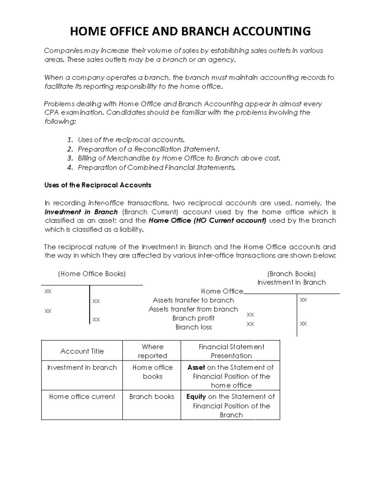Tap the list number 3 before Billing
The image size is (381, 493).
(x=70, y=158)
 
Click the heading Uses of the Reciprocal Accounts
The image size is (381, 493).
(x=98, y=185)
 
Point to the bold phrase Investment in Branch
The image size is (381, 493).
(x=81, y=212)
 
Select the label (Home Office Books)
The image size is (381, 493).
(x=92, y=274)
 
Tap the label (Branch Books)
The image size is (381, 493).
(x=291, y=274)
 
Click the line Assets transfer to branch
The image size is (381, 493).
(x=193, y=300)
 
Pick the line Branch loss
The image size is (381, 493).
(x=193, y=327)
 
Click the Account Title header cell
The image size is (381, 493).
(x=82, y=351)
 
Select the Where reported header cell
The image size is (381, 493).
(x=152, y=351)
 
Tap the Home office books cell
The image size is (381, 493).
(x=152, y=372)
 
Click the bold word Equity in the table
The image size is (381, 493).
(x=196, y=396)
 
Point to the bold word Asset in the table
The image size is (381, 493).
(x=196, y=367)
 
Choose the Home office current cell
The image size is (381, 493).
(x=82, y=396)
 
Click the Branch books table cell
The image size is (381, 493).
(x=152, y=396)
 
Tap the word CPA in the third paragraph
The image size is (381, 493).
(x=51, y=113)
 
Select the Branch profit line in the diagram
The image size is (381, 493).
(x=193, y=318)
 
